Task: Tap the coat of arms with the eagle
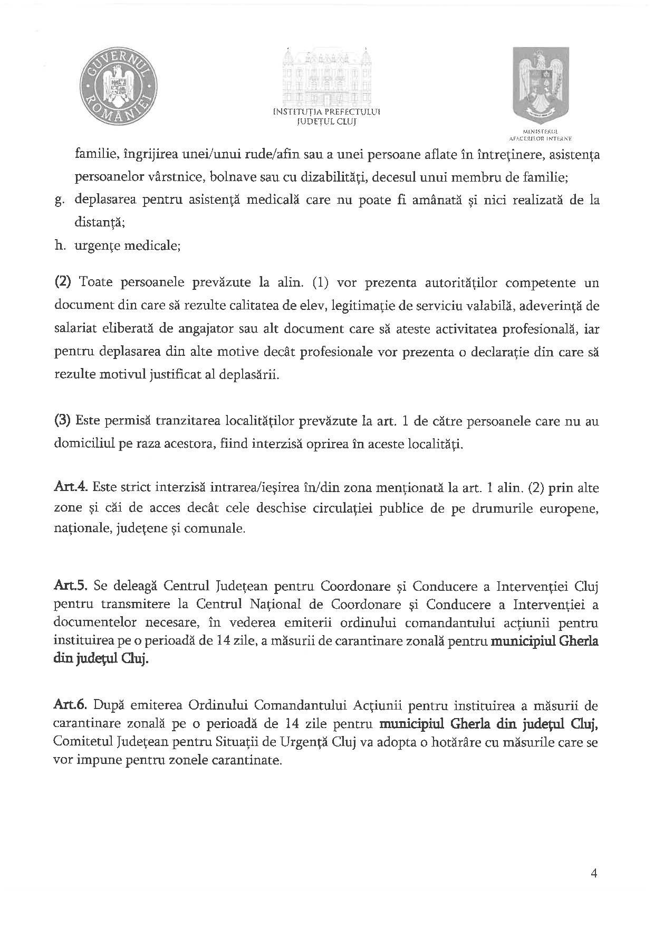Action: (541, 84)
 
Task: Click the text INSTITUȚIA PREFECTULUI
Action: (327, 112)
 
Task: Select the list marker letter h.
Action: (59, 246)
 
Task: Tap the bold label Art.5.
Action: (66, 587)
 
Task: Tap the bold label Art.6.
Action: (66, 705)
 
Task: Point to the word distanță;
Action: (100, 223)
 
